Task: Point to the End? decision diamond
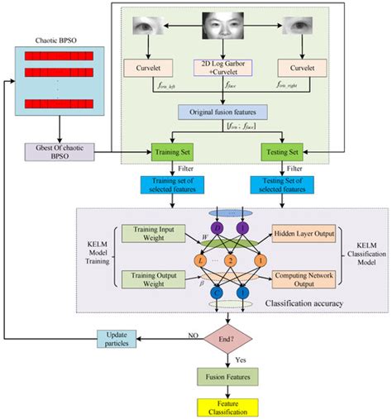(x=226, y=338)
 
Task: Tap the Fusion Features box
(x=226, y=377)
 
